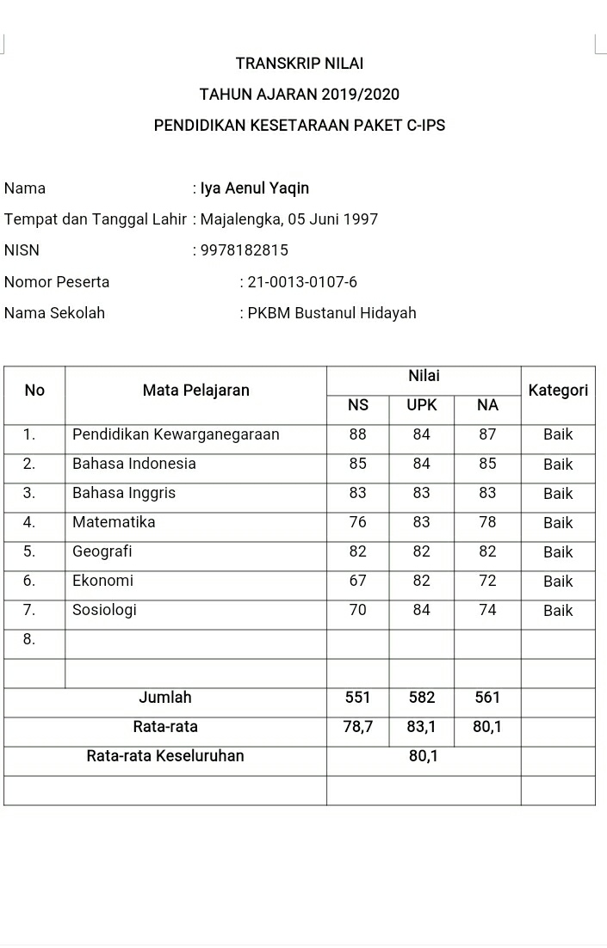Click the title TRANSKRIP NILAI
point(300,64)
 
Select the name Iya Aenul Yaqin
point(255,188)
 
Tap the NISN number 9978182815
point(245,250)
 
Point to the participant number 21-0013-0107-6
point(302,282)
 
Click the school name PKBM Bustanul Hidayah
point(331,313)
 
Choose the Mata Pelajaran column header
point(196,391)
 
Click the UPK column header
point(422,405)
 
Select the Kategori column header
point(558,391)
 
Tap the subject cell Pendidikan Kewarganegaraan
point(176,434)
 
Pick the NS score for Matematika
point(358,522)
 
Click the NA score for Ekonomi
point(487,581)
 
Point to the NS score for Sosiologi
point(358,610)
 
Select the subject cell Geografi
point(102,551)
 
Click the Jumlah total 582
point(422,698)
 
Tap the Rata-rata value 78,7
point(358,727)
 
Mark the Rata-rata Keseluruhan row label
point(165,756)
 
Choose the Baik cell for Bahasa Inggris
point(558,494)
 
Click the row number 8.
point(29,639)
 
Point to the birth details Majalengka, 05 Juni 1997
point(289,219)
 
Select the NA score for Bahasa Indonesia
point(487,464)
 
